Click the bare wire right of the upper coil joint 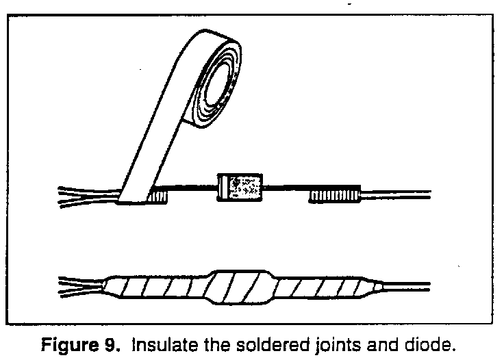click(x=397, y=195)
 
